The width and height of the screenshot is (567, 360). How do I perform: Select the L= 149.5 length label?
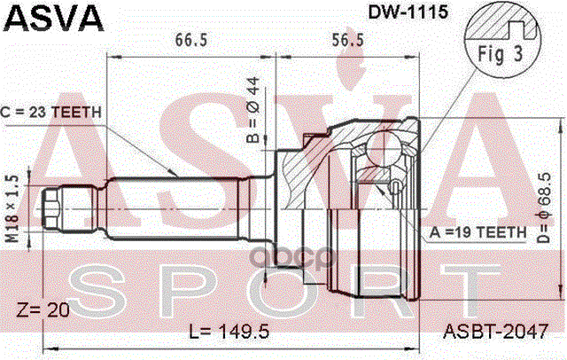click(228, 333)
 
